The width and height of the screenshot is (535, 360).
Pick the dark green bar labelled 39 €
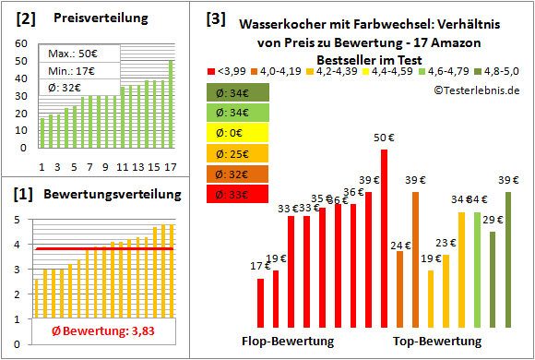507,261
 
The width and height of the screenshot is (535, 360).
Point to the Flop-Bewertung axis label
288,342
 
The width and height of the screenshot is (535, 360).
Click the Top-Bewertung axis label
437,342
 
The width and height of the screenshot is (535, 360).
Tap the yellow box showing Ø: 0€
236,132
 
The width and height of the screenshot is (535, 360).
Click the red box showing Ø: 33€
236,194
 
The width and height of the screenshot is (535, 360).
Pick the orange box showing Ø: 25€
236,152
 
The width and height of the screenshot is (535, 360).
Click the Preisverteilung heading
90,18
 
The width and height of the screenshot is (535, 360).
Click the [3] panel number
214,18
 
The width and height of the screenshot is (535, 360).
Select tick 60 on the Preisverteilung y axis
23,42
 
